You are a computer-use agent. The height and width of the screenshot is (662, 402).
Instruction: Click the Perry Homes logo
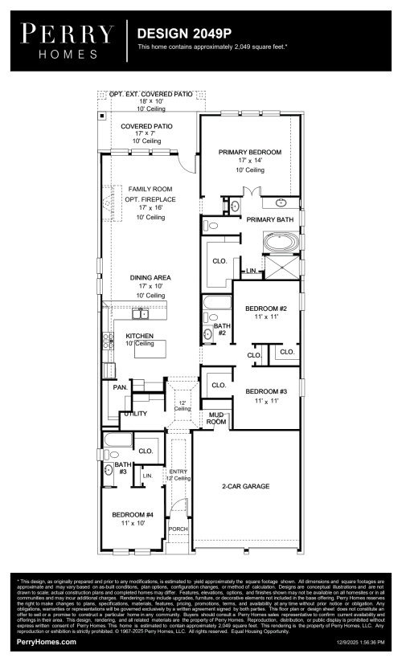pyautogui.click(x=68, y=39)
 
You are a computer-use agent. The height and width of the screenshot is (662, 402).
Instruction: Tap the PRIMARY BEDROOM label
pyautogui.click(x=249, y=152)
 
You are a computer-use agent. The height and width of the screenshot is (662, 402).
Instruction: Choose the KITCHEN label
pyautogui.click(x=139, y=336)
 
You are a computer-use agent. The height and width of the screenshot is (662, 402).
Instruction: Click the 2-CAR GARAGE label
pyautogui.click(x=245, y=486)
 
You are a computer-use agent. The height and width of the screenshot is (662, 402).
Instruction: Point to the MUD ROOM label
pyautogui.click(x=216, y=418)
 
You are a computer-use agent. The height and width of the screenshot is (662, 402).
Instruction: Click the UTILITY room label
pyautogui.click(x=133, y=414)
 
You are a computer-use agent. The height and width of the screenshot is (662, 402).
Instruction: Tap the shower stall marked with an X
pyautogui.click(x=281, y=268)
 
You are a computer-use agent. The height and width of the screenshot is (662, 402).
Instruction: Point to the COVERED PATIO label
pyautogui.click(x=146, y=127)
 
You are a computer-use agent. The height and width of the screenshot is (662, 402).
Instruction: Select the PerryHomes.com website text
pyautogui.click(x=47, y=642)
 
